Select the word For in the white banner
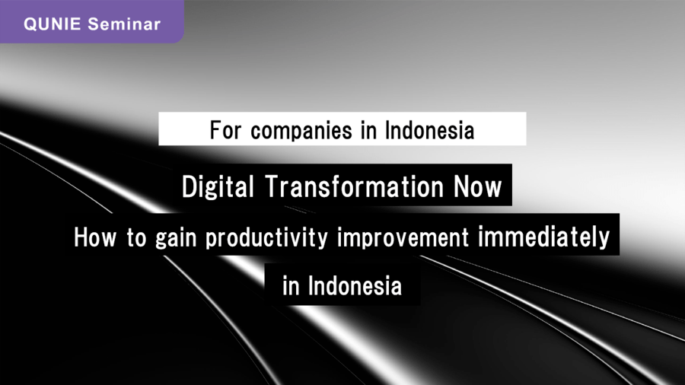tap(225, 130)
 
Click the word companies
tap(301, 131)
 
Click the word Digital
tap(218, 187)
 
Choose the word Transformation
tap(354, 186)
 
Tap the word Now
tap(478, 186)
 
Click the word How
tap(95, 237)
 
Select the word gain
tap(176, 239)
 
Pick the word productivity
tap(266, 239)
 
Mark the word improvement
tap(403, 238)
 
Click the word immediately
tap(544, 238)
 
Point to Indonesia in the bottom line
tap(355, 286)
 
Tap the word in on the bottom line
tap(291, 286)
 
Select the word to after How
tap(136, 238)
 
